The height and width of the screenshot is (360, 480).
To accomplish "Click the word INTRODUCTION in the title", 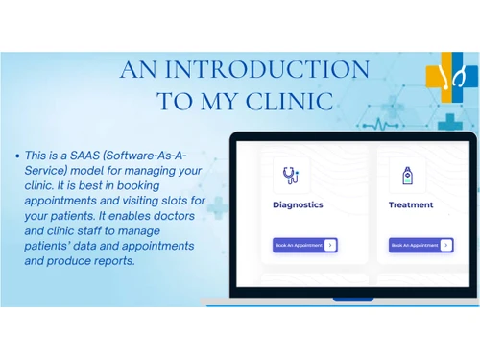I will pos(267,70).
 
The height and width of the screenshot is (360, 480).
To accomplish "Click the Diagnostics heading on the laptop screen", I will pos(298,204).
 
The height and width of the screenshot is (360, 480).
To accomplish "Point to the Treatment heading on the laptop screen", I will pos(411,204).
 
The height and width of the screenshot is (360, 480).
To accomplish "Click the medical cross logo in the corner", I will pos(451,78).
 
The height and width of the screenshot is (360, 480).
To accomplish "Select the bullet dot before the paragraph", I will pos(19,155).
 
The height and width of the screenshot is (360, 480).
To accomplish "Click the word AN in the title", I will pos(140,70).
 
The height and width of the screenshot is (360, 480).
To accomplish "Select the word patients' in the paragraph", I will pos(56,247).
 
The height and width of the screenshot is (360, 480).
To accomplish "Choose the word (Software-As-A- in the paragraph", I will pos(156,155).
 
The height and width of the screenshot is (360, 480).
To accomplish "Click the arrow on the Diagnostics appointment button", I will pos(330,245).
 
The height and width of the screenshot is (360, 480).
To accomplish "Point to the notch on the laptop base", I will pos(352,299).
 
